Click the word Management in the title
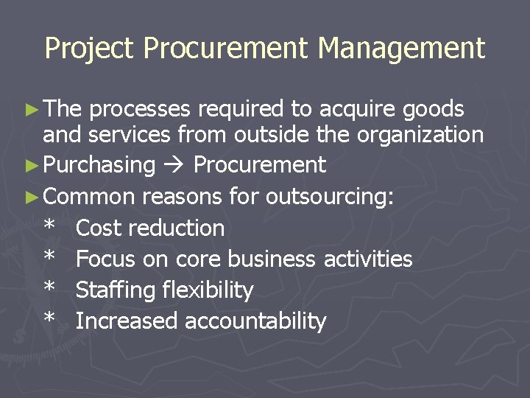pyautogui.click(x=401, y=49)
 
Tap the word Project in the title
pyautogui.click(x=90, y=49)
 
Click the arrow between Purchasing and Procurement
pyautogui.click(x=174, y=165)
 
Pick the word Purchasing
pyautogui.click(x=99, y=165)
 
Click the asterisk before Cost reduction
pyautogui.click(x=49, y=227)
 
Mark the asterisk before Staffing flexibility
pyautogui.click(x=49, y=290)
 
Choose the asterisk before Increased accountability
pyautogui.click(x=49, y=321)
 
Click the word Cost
pyautogui.click(x=99, y=228)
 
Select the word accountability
pyautogui.click(x=255, y=321)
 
